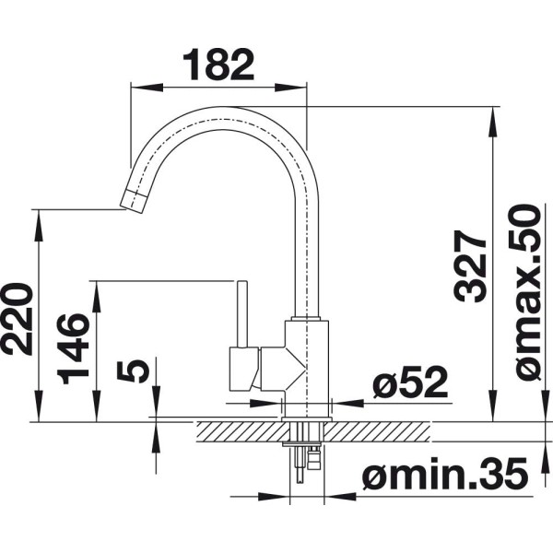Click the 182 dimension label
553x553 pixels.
tap(218, 65)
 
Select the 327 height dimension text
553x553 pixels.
tap(470, 266)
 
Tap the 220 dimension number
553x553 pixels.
tap(17, 319)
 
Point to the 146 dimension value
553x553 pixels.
tap(73, 348)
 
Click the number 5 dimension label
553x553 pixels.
tap(132, 371)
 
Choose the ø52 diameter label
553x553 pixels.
tap(410, 382)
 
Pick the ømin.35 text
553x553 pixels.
tap(445, 474)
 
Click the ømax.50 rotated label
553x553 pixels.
tap(524, 292)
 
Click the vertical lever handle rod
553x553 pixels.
tap(241, 314)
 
